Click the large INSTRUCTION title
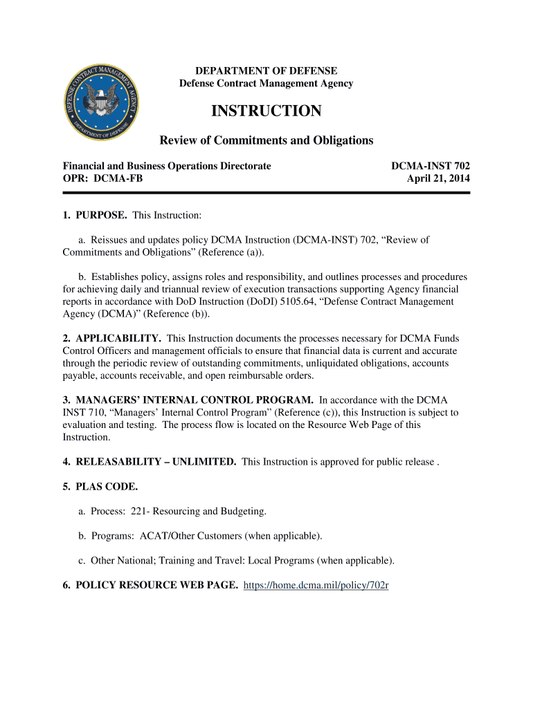tap(266, 111)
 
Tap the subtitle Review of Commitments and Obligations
tap(266, 141)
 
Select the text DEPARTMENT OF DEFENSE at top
tap(266, 71)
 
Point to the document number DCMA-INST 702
tap(431, 166)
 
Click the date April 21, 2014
tap(438, 178)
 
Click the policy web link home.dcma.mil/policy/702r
tap(317, 586)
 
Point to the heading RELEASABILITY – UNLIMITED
tap(150, 462)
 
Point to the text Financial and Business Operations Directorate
tap(167, 166)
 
